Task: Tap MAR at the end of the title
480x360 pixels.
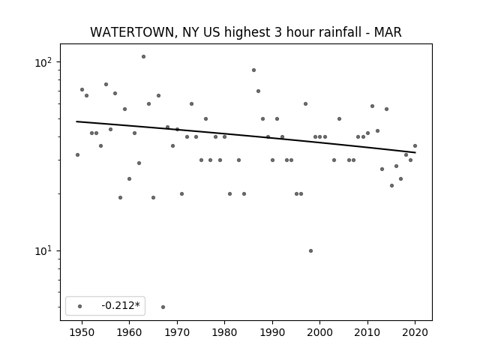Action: coord(388,32)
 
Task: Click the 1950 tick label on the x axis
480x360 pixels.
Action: coord(82,332)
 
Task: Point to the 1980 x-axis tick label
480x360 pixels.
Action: coord(224,332)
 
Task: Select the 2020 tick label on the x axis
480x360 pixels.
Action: coord(415,332)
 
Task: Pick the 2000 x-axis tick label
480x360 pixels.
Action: coord(319,332)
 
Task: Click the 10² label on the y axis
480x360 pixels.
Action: coord(43,62)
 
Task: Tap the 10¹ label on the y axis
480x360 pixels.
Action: coord(43,250)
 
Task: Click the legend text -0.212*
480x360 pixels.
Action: coord(121,305)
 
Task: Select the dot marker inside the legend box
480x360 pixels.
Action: coord(80,306)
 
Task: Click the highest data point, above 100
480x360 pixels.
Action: coord(143,57)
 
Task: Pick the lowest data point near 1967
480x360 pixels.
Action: coord(163,307)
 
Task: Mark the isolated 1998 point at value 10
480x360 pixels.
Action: coord(310,251)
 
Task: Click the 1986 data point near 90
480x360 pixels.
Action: coord(253,70)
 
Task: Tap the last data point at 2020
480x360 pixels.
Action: coord(415,146)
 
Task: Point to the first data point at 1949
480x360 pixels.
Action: coord(77,155)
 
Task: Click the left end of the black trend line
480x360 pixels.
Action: coord(76,121)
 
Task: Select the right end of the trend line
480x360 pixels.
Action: coord(415,152)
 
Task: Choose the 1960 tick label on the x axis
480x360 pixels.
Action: coord(129,332)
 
